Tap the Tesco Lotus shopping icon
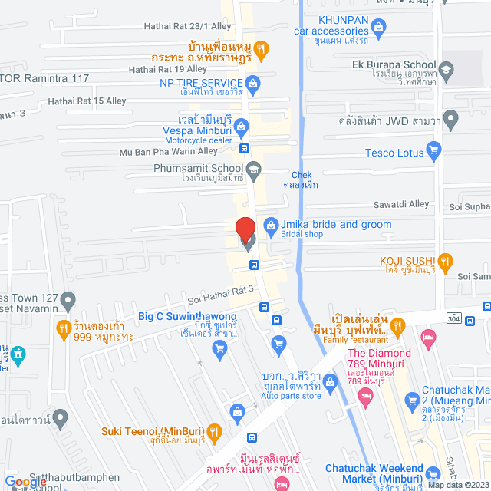(x=433, y=152)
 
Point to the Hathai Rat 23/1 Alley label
(x=176, y=26)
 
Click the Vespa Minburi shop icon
(x=241, y=124)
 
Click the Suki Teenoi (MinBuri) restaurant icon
(x=215, y=431)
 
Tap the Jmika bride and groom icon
(x=270, y=225)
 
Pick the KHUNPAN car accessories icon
(x=377, y=28)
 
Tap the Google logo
(x=29, y=482)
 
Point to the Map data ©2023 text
(x=458, y=485)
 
